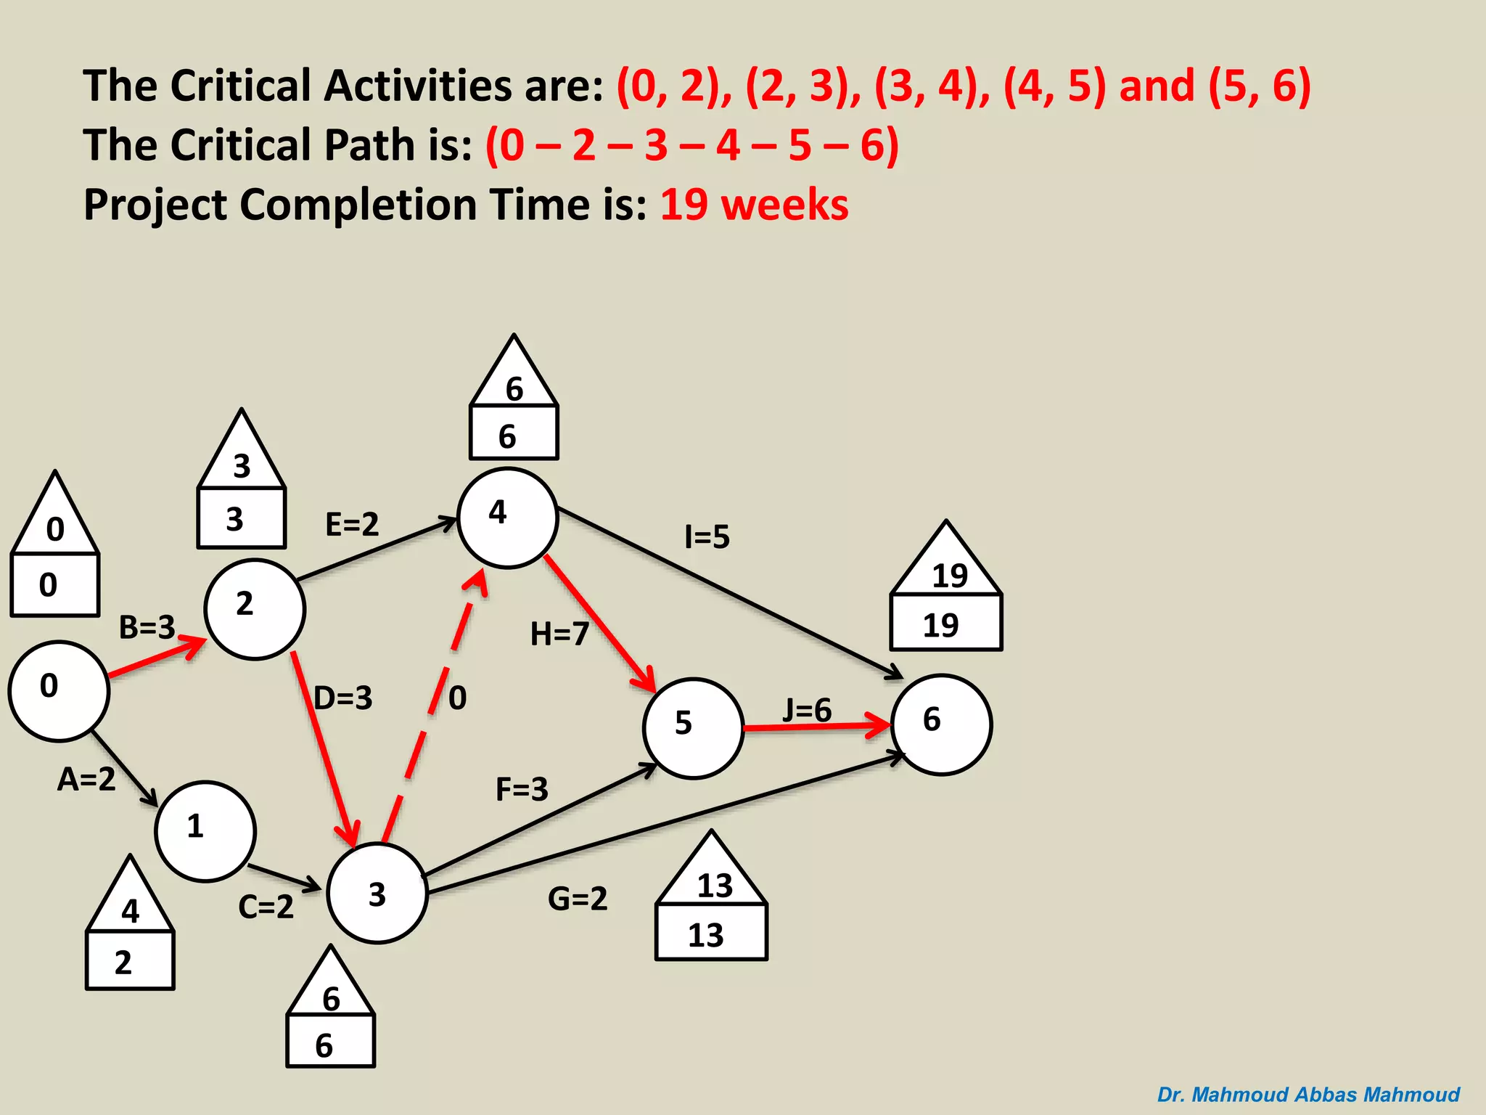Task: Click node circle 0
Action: pos(59,691)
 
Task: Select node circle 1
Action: pos(205,831)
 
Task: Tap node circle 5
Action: pos(693,728)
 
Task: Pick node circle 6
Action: pos(941,724)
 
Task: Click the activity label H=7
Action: pos(559,634)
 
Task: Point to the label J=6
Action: pos(807,710)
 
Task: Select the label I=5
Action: pos(707,537)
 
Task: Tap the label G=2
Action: pos(577,899)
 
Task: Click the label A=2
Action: pos(86,779)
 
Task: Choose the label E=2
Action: pos(352,524)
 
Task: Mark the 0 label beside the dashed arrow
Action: pos(457,698)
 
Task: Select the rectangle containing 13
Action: pos(711,934)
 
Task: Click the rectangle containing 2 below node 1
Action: pos(130,961)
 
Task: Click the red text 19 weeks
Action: pos(754,204)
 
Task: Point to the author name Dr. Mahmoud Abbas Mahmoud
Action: pos(1308,1094)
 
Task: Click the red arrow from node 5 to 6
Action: pos(816,727)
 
